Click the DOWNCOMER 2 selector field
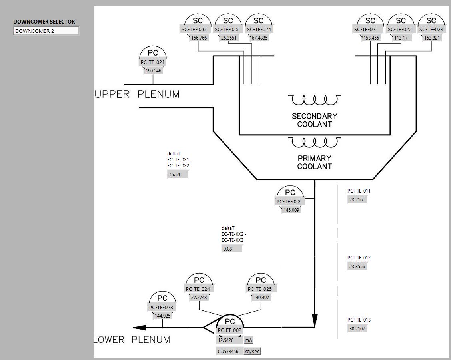coord(46,31)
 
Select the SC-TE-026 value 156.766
coord(199,38)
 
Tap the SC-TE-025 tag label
coord(227,29)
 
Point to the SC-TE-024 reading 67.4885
coord(259,38)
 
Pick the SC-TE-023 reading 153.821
coord(432,38)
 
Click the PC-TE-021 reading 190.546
coord(153,71)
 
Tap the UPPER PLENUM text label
coord(137,94)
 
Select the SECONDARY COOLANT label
coord(315,120)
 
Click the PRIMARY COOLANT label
coord(315,162)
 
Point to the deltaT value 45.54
coord(177,174)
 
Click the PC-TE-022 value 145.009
coord(291,210)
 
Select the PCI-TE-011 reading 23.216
coord(357,199)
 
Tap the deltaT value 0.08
coord(231,249)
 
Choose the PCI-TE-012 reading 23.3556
coord(357,267)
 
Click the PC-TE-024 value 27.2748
coord(199,298)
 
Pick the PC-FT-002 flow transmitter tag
coord(230,330)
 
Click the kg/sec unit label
coord(252,352)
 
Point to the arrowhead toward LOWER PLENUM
coord(139,328)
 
